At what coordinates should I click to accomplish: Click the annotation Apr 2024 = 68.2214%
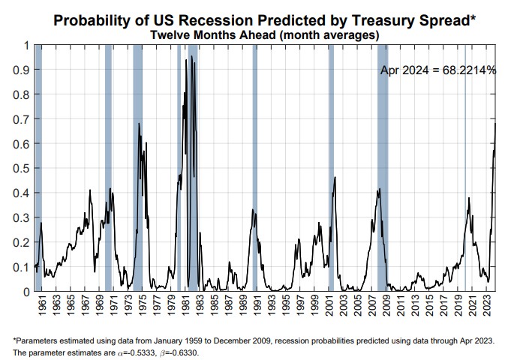click(437, 70)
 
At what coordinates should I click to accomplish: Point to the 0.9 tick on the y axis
click(25, 70)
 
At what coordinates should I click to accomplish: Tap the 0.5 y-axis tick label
click(25, 168)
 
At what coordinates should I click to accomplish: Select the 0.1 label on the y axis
click(25, 267)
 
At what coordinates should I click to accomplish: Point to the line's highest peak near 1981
click(191, 56)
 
